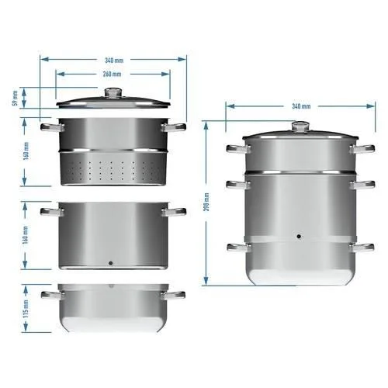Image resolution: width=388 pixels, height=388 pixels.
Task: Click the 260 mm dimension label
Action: [x=112, y=74]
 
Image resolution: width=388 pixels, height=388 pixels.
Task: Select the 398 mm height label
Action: [x=207, y=202]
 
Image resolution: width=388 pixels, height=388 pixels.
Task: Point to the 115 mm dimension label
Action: [x=26, y=308]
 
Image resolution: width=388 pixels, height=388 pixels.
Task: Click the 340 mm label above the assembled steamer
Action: [x=301, y=106]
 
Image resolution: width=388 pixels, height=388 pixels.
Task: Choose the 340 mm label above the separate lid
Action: [x=114, y=61]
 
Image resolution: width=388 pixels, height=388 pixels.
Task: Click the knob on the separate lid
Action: [x=113, y=93]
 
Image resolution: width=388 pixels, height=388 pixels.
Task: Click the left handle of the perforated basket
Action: [x=52, y=127]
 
